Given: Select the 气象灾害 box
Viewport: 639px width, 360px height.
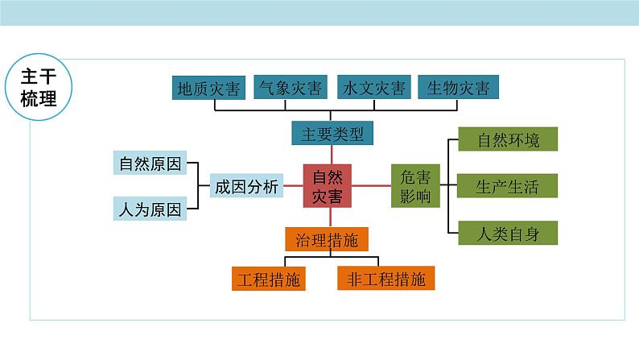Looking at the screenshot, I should pyautogui.click(x=287, y=86).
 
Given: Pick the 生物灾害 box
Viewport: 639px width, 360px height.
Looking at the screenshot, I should pyautogui.click(x=459, y=87).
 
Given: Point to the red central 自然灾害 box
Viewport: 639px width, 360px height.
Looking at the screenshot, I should pyautogui.click(x=327, y=186).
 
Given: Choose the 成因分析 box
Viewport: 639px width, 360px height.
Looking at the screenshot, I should pyautogui.click(x=245, y=186).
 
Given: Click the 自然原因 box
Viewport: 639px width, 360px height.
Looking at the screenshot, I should pyautogui.click(x=149, y=163).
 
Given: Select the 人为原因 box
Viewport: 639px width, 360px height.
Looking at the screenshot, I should pyautogui.click(x=149, y=210).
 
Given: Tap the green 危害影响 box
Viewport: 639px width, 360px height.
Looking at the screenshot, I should pyautogui.click(x=415, y=186).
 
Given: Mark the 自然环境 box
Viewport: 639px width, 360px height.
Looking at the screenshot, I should pyautogui.click(x=508, y=139).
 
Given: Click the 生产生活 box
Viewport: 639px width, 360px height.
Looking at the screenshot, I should pyautogui.click(x=508, y=187).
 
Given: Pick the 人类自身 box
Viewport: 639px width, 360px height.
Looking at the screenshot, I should pyautogui.click(x=508, y=234).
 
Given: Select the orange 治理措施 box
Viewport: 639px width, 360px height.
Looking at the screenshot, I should pyautogui.click(x=327, y=238).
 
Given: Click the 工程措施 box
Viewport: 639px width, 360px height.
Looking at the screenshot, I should pyautogui.click(x=270, y=279).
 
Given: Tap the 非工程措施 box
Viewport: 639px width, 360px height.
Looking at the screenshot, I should pyautogui.click(x=386, y=279).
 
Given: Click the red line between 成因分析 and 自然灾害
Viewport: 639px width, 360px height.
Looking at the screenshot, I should pyautogui.click(x=294, y=186).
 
